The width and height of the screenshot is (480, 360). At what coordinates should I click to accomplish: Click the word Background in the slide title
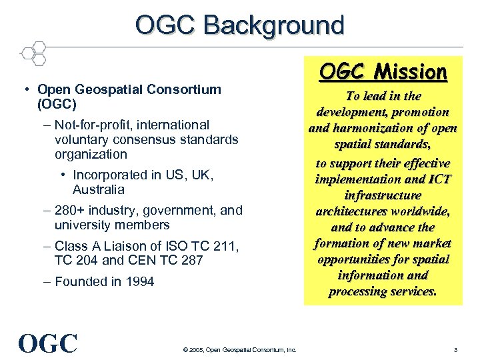pyautogui.click(x=274, y=25)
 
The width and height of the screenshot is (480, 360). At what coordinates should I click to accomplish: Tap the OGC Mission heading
pyautogui.click(x=383, y=71)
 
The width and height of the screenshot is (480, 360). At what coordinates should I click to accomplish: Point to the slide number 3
pyautogui.click(x=455, y=350)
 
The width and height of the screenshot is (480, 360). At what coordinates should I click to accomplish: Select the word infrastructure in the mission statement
pyautogui.click(x=383, y=195)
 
